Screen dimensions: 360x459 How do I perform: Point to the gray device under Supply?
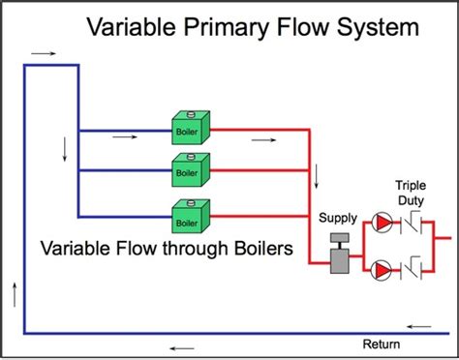pyautogui.click(x=339, y=254)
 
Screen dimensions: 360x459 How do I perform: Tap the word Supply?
pyautogui.click(x=338, y=218)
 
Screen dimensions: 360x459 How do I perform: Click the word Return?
pyautogui.click(x=382, y=344)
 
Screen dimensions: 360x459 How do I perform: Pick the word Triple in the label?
pyautogui.click(x=413, y=185)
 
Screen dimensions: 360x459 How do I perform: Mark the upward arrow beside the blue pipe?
pyautogui.click(x=14, y=290)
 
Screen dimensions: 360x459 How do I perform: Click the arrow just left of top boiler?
pyautogui.click(x=125, y=136)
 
